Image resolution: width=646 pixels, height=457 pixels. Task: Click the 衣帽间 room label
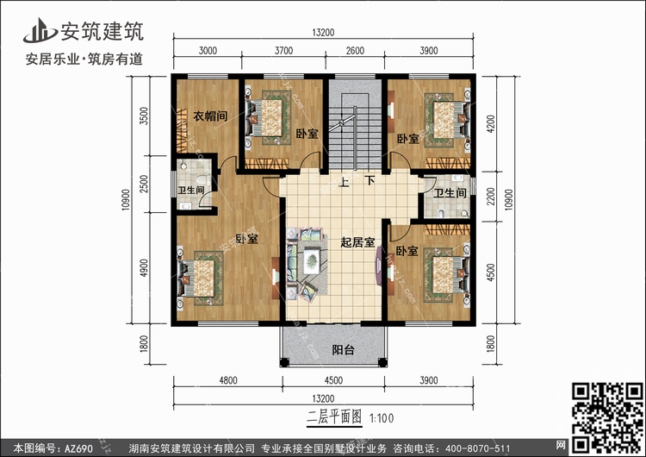[210, 116]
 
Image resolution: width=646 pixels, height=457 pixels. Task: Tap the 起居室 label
[357, 242]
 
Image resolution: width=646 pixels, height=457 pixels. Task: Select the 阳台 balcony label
[343, 350]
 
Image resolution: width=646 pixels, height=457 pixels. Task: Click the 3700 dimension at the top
[283, 51]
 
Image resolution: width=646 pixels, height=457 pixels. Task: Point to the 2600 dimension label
[355, 51]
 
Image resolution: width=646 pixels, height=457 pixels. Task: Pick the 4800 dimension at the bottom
[228, 380]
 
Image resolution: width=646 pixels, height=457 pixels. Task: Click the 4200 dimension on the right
[491, 124]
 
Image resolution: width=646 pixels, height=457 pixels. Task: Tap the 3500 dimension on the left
[143, 116]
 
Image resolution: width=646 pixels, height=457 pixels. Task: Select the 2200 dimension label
[491, 197]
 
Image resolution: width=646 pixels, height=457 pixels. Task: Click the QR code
[608, 417]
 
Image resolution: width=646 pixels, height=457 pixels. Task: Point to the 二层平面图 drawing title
[334, 417]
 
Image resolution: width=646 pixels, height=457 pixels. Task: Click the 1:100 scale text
[382, 418]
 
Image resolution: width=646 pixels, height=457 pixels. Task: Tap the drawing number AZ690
[78, 448]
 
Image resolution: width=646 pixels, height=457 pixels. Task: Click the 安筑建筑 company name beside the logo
[102, 31]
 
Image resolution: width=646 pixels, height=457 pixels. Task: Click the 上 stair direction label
[344, 182]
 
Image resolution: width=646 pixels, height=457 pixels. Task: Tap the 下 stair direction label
[370, 181]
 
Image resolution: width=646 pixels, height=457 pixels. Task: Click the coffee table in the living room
[312, 261]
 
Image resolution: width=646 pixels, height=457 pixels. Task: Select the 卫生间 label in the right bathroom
[450, 193]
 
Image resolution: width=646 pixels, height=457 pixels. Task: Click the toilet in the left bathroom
[202, 180]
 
